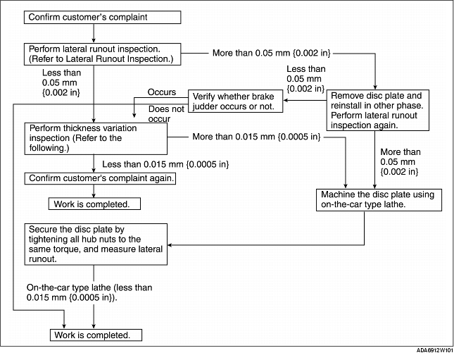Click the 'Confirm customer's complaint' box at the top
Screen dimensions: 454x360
click(x=103, y=18)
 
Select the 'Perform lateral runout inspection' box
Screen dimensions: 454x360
click(x=103, y=54)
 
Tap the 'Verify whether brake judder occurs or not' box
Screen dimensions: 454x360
click(x=235, y=101)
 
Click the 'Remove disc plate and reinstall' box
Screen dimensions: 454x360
click(x=378, y=110)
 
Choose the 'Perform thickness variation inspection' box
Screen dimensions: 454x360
click(x=96, y=139)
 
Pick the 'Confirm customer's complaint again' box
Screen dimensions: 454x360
click(x=100, y=178)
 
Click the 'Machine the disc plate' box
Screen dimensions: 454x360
click(x=379, y=200)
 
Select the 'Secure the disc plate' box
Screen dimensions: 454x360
click(x=96, y=244)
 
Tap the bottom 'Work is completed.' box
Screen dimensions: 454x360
click(x=96, y=335)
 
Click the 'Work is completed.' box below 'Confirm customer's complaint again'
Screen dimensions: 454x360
click(x=94, y=204)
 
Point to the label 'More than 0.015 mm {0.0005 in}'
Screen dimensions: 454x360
click(x=256, y=137)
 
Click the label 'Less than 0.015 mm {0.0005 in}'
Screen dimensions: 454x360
click(x=165, y=164)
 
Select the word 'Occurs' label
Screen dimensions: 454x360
click(x=162, y=92)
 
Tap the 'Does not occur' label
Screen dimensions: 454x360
click(x=166, y=114)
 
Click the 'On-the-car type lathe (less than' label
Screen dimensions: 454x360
click(x=89, y=287)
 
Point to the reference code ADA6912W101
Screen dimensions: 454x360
click(x=435, y=350)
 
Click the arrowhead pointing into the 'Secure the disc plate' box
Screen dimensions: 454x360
click(x=170, y=245)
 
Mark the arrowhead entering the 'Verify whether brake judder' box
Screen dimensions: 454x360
click(x=285, y=100)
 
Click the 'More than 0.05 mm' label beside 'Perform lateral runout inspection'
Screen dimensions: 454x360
click(x=271, y=53)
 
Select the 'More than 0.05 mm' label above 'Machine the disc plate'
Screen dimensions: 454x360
click(x=400, y=162)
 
